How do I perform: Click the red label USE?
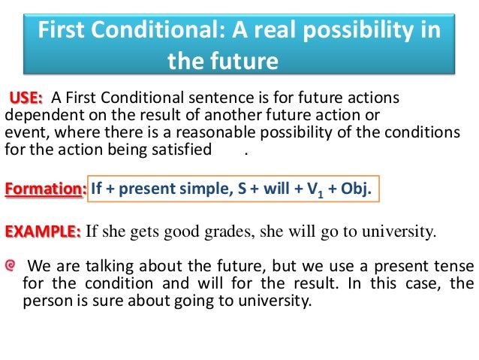tap(26, 98)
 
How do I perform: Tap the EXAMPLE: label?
tap(43, 231)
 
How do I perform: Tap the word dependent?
tap(36, 116)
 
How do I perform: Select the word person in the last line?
tap(46, 303)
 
